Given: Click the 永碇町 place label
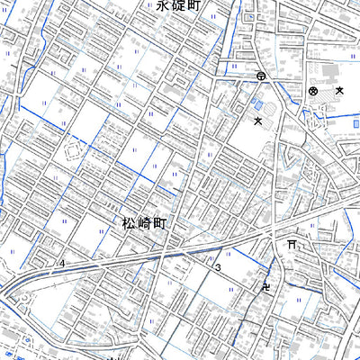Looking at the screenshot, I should pos(176,6).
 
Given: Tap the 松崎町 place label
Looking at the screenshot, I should pos(142,221).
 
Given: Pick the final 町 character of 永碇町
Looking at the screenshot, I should pos(192,6).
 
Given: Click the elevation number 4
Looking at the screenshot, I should pos(63,263).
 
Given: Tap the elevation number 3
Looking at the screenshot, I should pos(218,268).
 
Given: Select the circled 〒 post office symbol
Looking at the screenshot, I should pos(260,77).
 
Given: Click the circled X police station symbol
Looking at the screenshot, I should pos(313,91).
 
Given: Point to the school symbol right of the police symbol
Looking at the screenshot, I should pos(339,91).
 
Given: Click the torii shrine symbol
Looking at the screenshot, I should pos(291,244).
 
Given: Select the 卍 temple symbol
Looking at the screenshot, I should pos(266,288).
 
